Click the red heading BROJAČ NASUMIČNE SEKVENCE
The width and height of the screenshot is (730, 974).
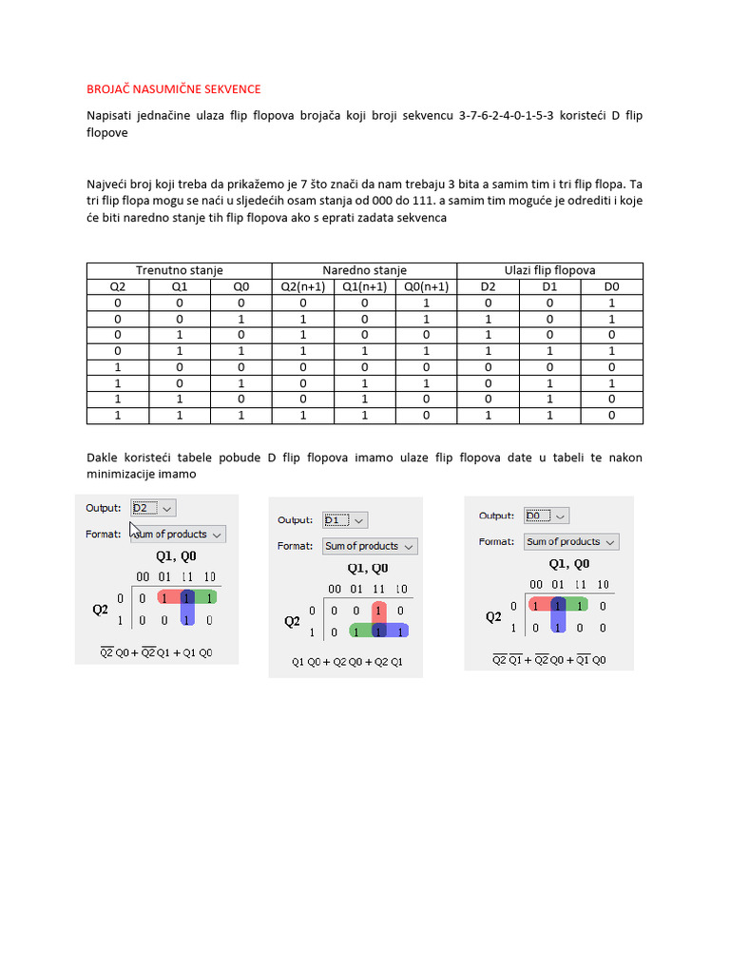tap(173, 89)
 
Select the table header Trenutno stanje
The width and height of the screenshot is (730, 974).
tap(179, 271)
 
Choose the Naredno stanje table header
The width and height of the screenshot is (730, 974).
tap(364, 271)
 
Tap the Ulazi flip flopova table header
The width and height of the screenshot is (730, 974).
tap(550, 271)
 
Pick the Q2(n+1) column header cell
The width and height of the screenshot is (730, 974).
tap(302, 286)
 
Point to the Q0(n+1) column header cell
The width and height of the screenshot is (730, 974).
tap(426, 286)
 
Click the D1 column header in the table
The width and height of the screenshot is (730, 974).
tap(550, 286)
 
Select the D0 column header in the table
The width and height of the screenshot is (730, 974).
tap(611, 286)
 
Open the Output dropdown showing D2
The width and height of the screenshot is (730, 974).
tap(152, 509)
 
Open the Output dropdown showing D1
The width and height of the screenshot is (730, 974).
tap(345, 520)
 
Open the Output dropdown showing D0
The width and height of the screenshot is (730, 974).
tap(547, 516)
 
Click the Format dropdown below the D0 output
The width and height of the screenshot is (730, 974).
tap(570, 542)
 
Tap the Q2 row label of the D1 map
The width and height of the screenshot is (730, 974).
tap(293, 621)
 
